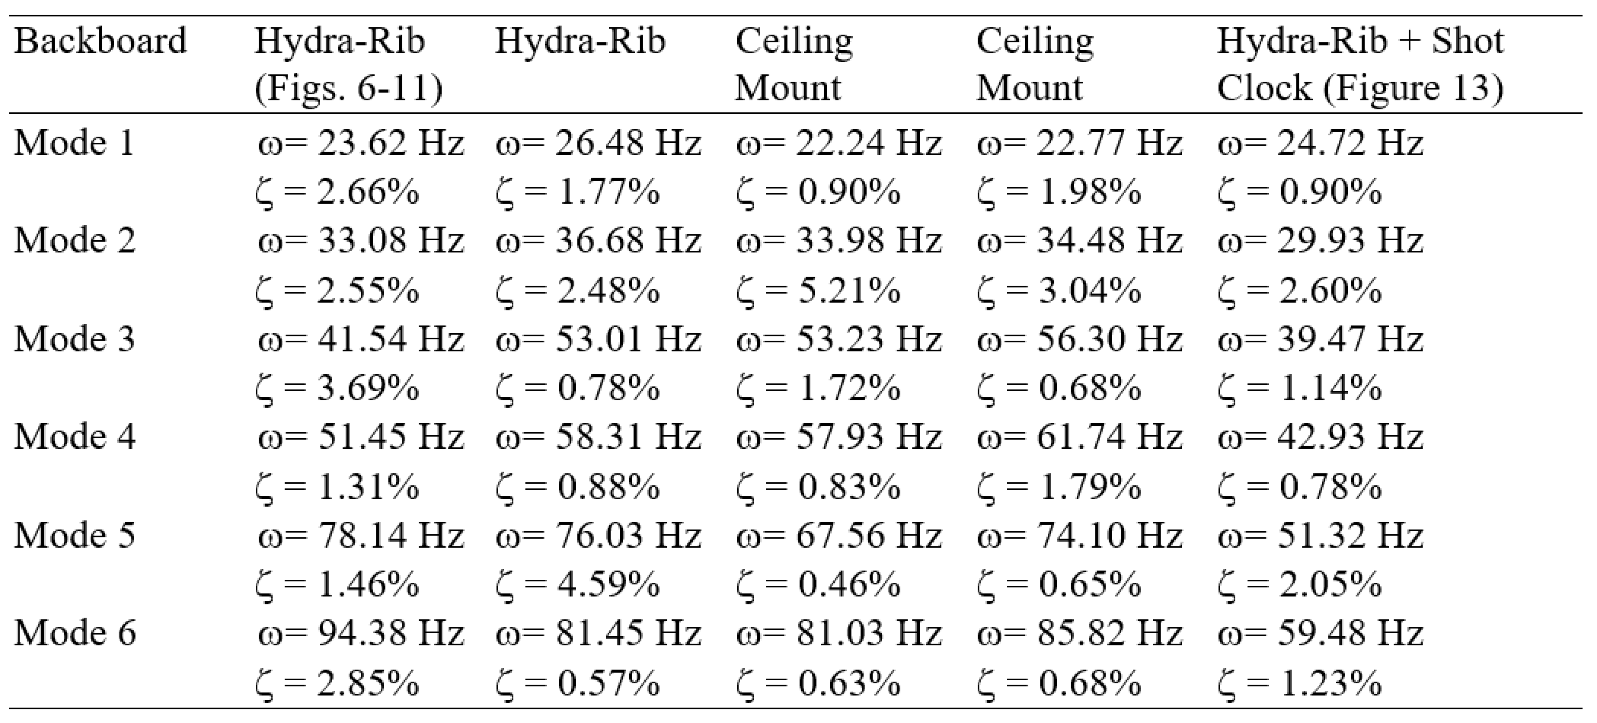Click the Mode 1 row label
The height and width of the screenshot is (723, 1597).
click(x=75, y=143)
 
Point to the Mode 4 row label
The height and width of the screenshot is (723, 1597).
click(x=75, y=437)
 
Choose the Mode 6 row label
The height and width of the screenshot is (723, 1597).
click(x=75, y=633)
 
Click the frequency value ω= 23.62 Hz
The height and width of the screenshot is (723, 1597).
click(x=361, y=143)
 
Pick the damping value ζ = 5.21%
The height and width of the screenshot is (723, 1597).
click(x=818, y=290)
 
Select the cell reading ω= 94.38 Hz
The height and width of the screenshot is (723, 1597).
click(x=361, y=633)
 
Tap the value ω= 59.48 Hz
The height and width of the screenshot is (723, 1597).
click(x=1320, y=633)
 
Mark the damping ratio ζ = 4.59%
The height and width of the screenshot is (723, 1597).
click(x=578, y=584)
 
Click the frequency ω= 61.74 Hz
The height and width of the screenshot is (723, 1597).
click(x=1080, y=437)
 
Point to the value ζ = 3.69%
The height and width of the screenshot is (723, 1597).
click(x=337, y=388)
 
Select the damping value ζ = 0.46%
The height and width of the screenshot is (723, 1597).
click(x=818, y=584)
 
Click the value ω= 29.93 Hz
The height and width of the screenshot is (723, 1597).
click(x=1320, y=240)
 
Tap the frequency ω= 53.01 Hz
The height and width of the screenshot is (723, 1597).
click(x=598, y=339)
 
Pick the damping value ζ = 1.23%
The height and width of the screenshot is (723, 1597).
click(x=1300, y=683)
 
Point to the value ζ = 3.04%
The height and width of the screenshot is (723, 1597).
click(x=1059, y=290)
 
